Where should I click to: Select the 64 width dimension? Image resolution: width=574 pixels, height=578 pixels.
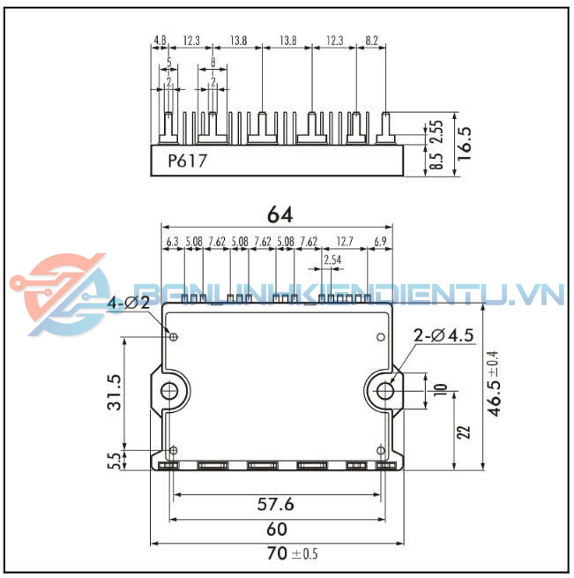[280, 214]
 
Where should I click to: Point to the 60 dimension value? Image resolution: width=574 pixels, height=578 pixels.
[276, 529]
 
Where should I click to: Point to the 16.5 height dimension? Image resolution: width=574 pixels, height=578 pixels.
[465, 141]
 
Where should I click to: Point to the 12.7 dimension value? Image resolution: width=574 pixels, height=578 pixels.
[344, 240]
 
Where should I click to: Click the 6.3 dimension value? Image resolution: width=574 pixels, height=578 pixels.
[172, 240]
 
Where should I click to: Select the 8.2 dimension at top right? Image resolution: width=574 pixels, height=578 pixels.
[371, 41]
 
